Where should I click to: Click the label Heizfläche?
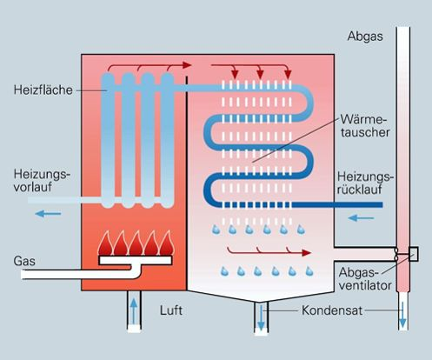pyautogui.click(x=43, y=90)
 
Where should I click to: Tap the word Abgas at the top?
pyautogui.click(x=365, y=37)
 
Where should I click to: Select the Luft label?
pyautogui.click(x=171, y=310)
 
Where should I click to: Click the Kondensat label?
pyautogui.click(x=332, y=310)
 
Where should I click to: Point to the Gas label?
pyautogui.click(x=24, y=261)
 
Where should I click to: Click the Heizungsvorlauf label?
pyautogui.click(x=42, y=181)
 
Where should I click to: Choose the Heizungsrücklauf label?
pyautogui.click(x=366, y=183)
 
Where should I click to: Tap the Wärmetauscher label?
pyautogui.click(x=365, y=125)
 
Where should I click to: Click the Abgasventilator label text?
pyautogui.click(x=365, y=279)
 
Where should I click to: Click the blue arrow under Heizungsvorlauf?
pyautogui.click(x=48, y=214)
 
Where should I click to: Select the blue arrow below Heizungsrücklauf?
pyautogui.click(x=361, y=217)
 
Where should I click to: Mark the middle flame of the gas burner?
pyautogui.click(x=136, y=243)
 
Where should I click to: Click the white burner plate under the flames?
pyautogui.click(x=136, y=260)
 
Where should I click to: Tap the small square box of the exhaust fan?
pyautogui.click(x=414, y=254)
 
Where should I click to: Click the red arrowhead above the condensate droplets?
pyautogui.click(x=306, y=253)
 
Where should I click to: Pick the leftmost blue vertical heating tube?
pyautogui.click(x=108, y=140)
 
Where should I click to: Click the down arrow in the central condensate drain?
pyautogui.click(x=261, y=317)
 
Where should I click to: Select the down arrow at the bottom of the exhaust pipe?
pyautogui.click(x=402, y=315)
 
